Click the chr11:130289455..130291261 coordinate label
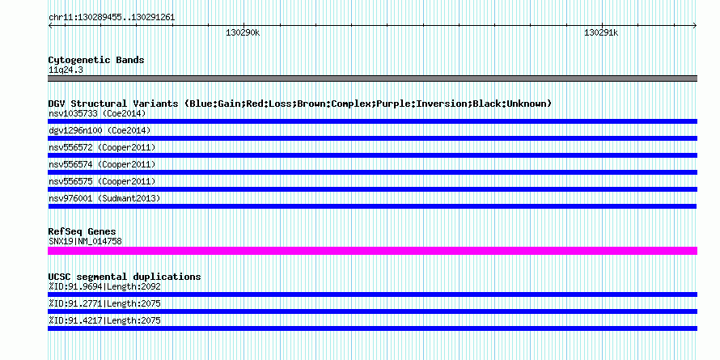(x=112, y=18)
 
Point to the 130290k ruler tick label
(x=243, y=32)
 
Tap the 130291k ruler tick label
(x=601, y=32)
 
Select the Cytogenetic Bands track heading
(x=96, y=60)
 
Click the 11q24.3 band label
(x=66, y=70)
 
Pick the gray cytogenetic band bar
(x=372, y=78)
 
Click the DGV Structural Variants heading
(x=300, y=104)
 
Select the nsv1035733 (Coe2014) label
(x=97, y=113)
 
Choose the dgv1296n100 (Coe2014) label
(x=100, y=130)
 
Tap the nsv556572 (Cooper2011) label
(x=102, y=147)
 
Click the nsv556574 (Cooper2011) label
(x=102, y=164)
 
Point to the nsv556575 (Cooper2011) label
(x=102, y=181)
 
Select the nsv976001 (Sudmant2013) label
(x=104, y=198)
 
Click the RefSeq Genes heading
(x=82, y=231)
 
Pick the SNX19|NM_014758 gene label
(x=85, y=241)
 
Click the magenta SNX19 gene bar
(x=372, y=251)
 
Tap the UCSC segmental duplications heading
(x=125, y=277)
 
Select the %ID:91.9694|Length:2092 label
(x=104, y=286)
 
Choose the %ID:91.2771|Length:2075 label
(x=104, y=303)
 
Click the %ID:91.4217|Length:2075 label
(x=104, y=320)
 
